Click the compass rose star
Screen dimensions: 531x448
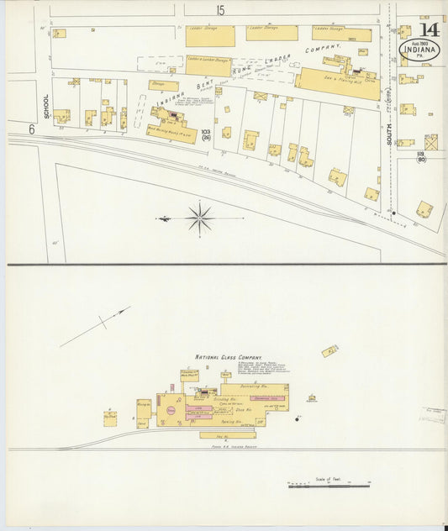click(200, 218)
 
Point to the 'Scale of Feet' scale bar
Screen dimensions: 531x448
click(329, 485)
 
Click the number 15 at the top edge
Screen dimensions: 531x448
click(220, 10)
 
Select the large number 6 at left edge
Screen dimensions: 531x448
click(31, 129)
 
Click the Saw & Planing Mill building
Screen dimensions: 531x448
click(336, 84)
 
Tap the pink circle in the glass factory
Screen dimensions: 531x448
click(171, 410)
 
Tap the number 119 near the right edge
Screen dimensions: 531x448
click(419, 155)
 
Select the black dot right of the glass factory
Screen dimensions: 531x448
click(297, 418)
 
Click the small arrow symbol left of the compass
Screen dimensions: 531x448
click(164, 218)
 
